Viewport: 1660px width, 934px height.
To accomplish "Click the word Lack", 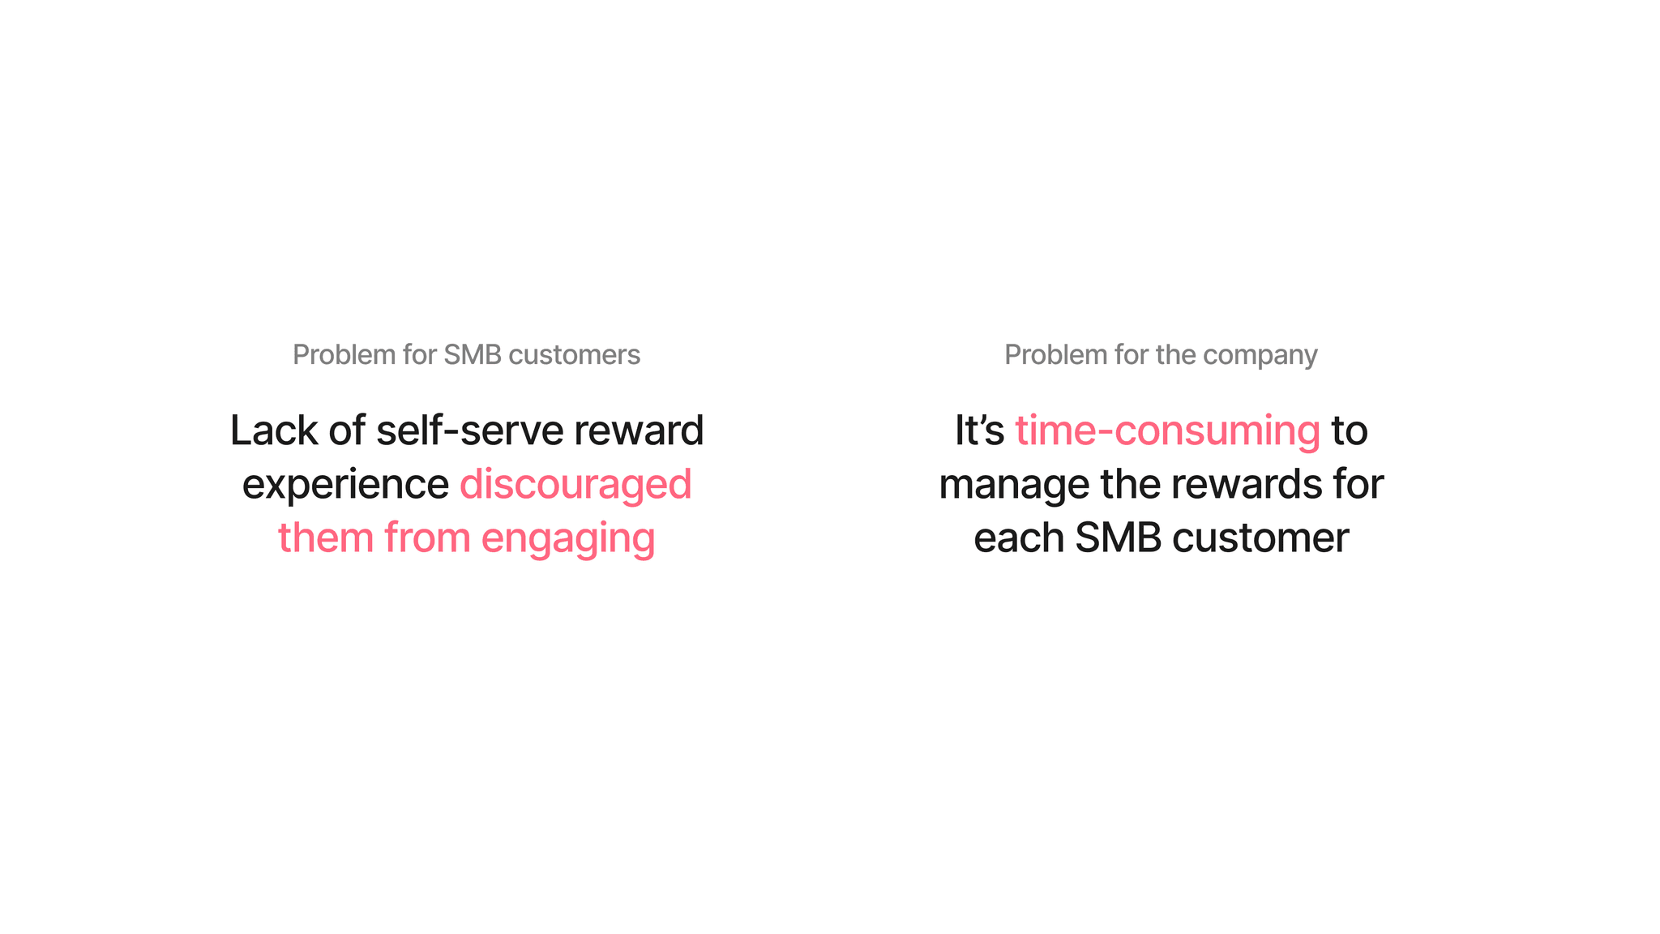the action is tap(274, 430).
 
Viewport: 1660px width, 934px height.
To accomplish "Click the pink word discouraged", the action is tap(575, 484).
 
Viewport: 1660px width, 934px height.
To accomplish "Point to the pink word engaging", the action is tap(568, 539).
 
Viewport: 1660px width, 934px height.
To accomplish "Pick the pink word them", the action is tap(326, 538).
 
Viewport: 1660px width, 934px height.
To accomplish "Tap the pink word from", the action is tap(427, 538).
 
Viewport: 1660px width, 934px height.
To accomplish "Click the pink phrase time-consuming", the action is tap(1167, 431).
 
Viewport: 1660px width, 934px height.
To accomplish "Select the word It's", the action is tap(979, 430).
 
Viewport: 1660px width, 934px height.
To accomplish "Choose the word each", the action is tap(1019, 538).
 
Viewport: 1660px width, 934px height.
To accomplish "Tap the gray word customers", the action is tap(574, 354).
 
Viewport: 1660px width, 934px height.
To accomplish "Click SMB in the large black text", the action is tap(1119, 538).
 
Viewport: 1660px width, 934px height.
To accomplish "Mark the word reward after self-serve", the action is tap(639, 430).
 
